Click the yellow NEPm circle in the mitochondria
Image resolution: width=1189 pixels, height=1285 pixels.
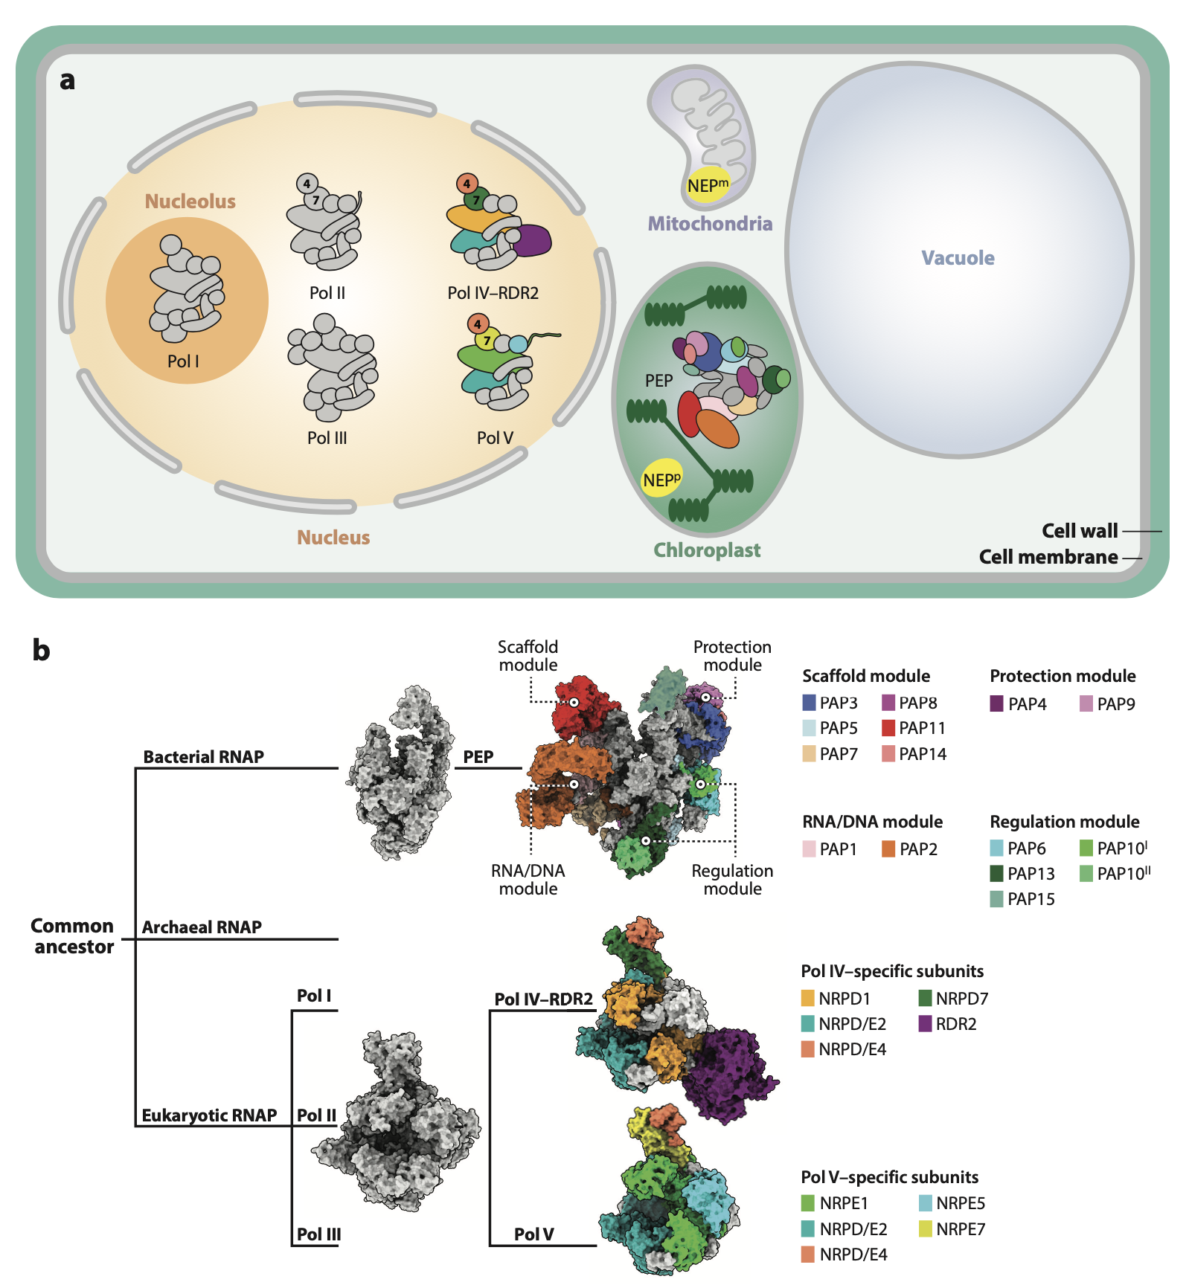707,186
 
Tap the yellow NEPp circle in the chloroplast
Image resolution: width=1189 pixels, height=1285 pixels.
661,480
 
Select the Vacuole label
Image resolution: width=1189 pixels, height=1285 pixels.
958,258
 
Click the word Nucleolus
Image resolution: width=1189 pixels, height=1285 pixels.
190,202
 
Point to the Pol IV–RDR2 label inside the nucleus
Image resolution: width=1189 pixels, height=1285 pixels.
493,293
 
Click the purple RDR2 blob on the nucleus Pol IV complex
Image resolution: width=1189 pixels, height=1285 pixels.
531,240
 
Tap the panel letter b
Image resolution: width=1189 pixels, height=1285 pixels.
41,651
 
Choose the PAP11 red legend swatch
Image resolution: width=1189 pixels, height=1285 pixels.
888,728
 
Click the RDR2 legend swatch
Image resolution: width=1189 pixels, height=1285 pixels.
926,1024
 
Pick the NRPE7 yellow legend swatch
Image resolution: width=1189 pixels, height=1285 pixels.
926,1228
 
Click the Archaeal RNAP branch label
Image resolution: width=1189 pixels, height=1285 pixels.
202,927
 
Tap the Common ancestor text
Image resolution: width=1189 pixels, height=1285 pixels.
73,936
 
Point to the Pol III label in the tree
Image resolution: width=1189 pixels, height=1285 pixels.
318,1234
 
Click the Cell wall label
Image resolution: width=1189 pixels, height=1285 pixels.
1080,531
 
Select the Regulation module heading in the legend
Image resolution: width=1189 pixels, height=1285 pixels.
1065,822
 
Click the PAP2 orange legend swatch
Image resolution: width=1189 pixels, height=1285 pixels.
888,849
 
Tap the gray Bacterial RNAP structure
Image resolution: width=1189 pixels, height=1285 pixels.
400,773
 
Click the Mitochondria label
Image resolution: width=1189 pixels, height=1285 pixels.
710,224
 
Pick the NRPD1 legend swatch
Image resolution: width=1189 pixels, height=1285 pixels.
808,999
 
